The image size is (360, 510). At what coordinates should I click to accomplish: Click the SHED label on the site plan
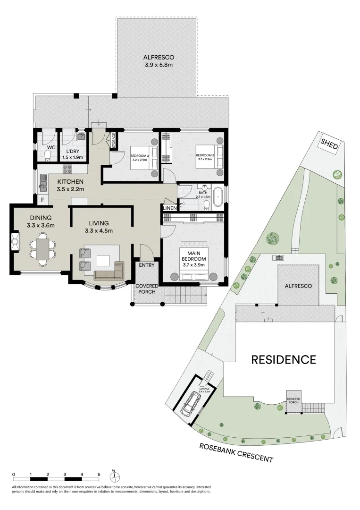[329, 144]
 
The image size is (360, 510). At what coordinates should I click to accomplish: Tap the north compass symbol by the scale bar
[114, 474]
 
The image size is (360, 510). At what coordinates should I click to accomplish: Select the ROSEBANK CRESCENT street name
[236, 452]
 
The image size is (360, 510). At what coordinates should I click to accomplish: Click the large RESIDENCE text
[283, 359]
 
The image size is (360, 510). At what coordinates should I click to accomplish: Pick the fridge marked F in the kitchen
[42, 200]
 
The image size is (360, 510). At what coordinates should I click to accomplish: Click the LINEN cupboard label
[169, 208]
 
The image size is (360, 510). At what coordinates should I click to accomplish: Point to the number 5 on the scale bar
[99, 474]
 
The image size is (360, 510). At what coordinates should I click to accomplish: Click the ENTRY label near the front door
[146, 265]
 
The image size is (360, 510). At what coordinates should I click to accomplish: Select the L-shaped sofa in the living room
[109, 272]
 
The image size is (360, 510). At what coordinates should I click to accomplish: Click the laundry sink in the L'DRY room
[81, 137]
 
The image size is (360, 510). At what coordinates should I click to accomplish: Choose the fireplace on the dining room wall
[15, 243]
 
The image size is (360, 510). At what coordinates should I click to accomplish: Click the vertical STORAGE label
[113, 140]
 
